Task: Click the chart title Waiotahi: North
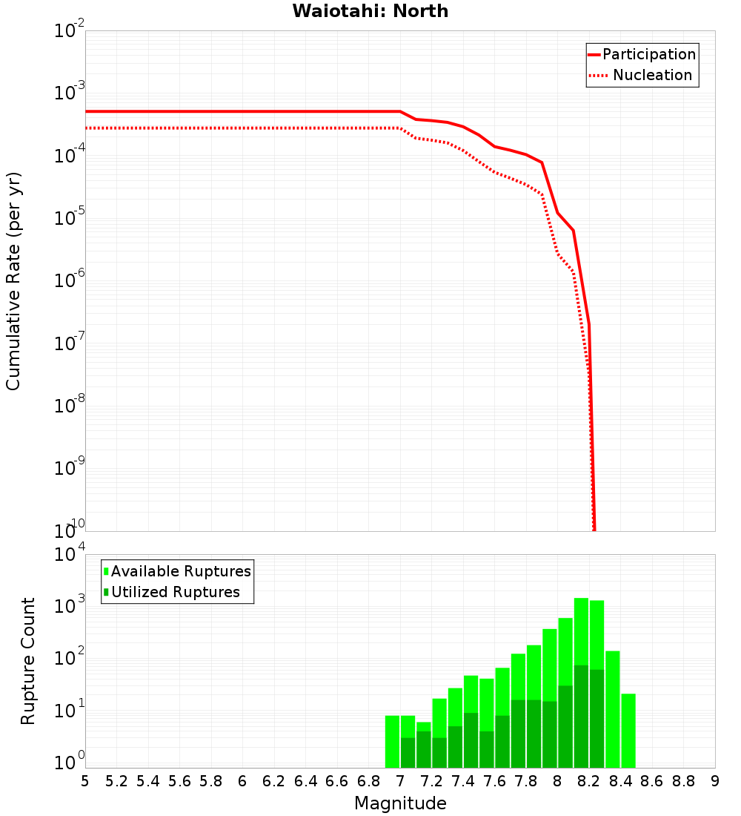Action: coord(370,11)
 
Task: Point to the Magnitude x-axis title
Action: coord(400,803)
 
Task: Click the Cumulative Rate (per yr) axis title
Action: coord(13,281)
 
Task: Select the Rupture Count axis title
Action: coord(28,661)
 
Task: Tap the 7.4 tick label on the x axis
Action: coord(463,781)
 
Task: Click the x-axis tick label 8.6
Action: coord(652,781)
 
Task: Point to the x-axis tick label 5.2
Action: coord(117,781)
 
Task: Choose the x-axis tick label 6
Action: coord(242,781)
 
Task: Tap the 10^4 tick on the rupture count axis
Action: coord(71,556)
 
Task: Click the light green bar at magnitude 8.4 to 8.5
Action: coord(628,731)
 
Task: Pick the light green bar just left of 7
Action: coord(392,741)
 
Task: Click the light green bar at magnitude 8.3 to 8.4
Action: coord(613,709)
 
